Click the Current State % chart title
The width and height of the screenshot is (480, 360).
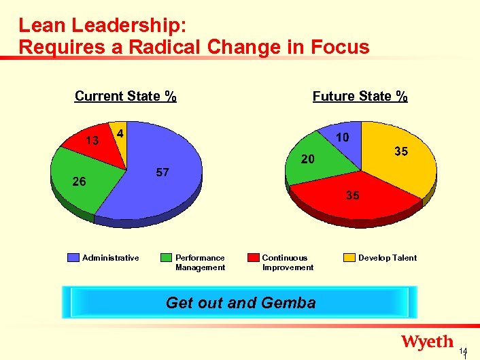tap(125, 96)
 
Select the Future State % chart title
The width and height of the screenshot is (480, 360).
tap(360, 96)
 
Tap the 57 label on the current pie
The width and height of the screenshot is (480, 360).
tap(162, 173)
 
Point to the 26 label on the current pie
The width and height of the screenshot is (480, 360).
tap(79, 182)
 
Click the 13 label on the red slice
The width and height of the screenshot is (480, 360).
tap(92, 141)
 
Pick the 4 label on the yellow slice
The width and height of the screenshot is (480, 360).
tap(120, 133)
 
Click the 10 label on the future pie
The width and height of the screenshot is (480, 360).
tap(343, 137)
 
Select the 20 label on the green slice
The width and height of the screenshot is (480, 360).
tap(308, 160)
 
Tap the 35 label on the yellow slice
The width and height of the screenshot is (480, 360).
tap(401, 152)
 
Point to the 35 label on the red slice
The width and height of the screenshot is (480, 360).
tap(352, 195)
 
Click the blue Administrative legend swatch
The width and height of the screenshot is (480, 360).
tap(73, 258)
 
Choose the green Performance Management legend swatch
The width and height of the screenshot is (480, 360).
tap(167, 258)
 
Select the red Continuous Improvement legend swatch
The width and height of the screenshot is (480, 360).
tap(254, 258)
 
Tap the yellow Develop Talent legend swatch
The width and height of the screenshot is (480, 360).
tap(349, 258)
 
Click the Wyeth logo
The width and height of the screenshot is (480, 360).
tap(427, 342)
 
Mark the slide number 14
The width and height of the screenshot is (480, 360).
tap(463, 351)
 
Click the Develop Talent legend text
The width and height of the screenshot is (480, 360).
tap(388, 258)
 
